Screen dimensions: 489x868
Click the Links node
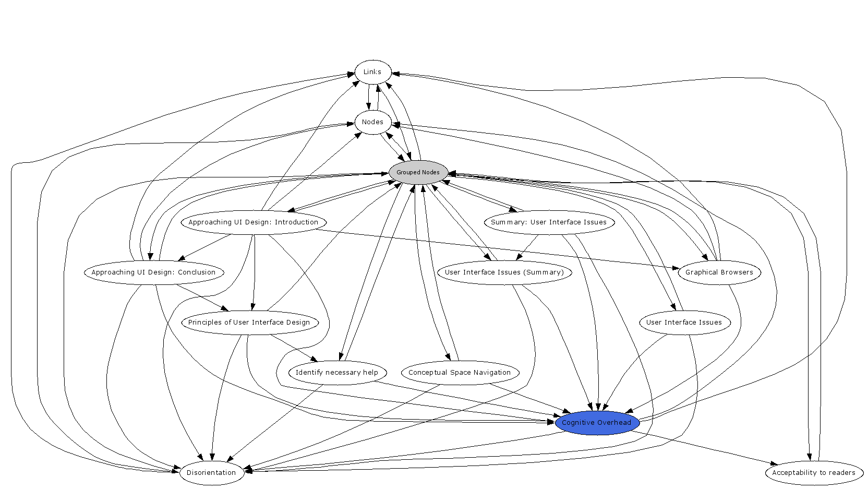pos(372,72)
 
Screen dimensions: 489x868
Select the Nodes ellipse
pos(372,122)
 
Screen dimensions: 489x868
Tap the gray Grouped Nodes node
pos(418,172)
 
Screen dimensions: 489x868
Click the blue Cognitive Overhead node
pos(597,423)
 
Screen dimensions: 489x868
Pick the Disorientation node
pos(211,473)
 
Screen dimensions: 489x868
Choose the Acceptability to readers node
pos(814,473)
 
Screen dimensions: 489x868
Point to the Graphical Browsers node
pos(719,272)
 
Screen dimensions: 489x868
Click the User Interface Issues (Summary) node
pos(504,272)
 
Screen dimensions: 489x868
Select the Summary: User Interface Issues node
pos(549,222)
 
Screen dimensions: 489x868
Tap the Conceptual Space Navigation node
pos(460,373)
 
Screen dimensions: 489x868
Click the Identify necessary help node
pos(337,373)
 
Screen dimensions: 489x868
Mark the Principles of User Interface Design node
pos(249,323)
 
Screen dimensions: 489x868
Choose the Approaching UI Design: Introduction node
pos(253,222)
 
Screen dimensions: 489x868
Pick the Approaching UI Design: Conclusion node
pos(153,272)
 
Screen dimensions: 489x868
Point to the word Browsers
pos(736,272)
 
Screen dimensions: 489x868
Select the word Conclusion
pos(197,272)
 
